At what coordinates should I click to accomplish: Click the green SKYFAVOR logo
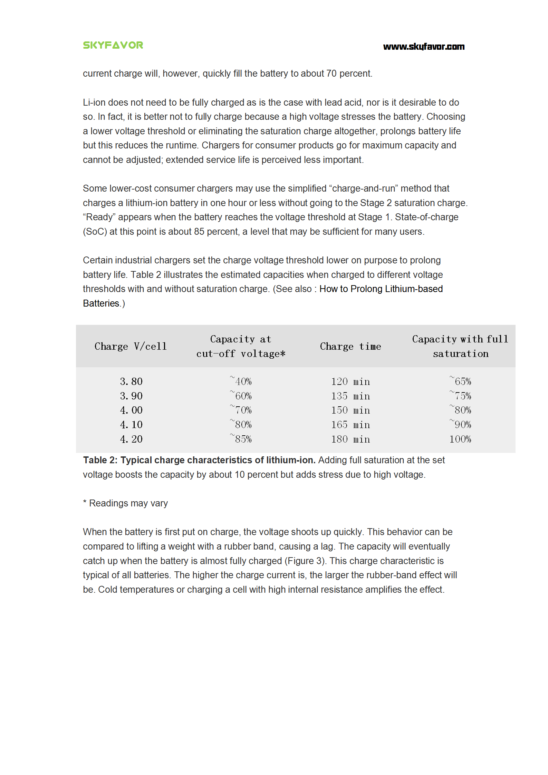[x=113, y=45]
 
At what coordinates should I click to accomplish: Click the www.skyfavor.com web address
[x=424, y=47]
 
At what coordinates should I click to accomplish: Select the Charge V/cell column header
[x=131, y=346]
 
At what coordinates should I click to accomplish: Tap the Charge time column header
[x=350, y=346]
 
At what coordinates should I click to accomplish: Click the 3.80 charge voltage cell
[x=131, y=381]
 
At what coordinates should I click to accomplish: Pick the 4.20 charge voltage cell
[x=131, y=439]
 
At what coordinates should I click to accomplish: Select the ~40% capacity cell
[x=241, y=381]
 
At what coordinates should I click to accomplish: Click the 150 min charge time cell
[x=350, y=410]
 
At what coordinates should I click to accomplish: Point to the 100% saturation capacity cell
[x=460, y=439]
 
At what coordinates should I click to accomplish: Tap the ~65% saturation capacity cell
[x=460, y=381]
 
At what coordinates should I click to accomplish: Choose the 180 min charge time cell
[x=350, y=439]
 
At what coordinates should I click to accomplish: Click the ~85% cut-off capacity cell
[x=241, y=439]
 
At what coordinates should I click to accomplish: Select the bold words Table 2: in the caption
[x=100, y=460]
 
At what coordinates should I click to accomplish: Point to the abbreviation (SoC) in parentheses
[x=95, y=232]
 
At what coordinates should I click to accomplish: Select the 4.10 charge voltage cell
[x=131, y=425]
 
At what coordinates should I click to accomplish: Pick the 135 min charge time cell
[x=350, y=396]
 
